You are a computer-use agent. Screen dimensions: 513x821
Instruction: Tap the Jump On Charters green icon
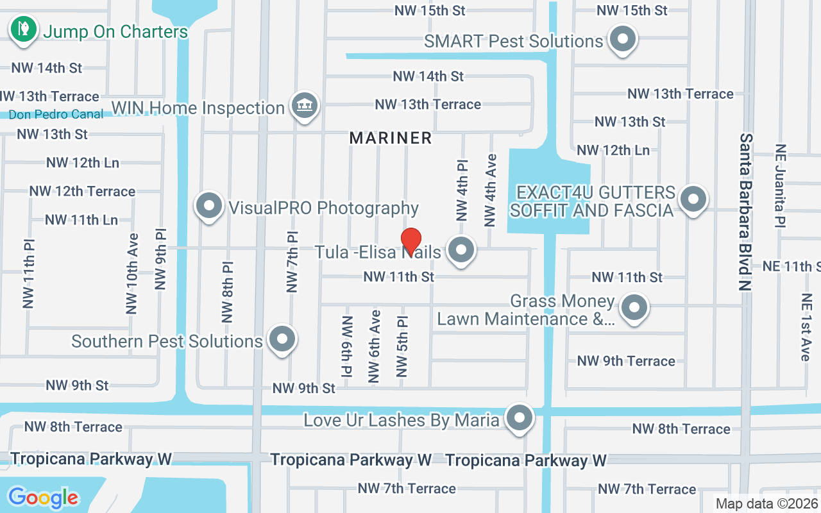coord(23,29)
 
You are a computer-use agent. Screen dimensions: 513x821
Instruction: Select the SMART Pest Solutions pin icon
coord(622,40)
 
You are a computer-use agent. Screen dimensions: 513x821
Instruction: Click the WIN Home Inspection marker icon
coord(305,106)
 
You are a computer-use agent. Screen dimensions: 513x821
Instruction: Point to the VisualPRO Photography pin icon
coord(209,206)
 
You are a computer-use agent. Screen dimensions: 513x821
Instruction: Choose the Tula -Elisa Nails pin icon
coord(460,251)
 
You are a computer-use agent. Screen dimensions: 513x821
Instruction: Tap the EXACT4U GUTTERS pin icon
coord(693,199)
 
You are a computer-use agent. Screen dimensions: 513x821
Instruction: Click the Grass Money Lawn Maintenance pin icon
coord(634,307)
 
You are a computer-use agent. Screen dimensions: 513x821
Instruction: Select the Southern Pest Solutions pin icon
coord(281,340)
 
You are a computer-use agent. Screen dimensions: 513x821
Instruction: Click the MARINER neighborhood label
coord(391,138)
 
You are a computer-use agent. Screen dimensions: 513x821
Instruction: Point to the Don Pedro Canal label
coord(56,114)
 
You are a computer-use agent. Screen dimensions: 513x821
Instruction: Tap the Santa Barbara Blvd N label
coord(745,212)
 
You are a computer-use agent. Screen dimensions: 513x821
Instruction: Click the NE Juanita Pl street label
coord(781,185)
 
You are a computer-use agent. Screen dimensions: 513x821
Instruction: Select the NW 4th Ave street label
coord(491,190)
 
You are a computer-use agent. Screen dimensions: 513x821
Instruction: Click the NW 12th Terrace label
coord(82,191)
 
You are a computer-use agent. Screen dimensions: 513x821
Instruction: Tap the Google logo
coord(43,497)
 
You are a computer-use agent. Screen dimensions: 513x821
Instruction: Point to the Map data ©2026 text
coord(766,503)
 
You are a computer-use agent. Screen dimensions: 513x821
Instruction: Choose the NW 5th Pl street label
coord(402,346)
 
